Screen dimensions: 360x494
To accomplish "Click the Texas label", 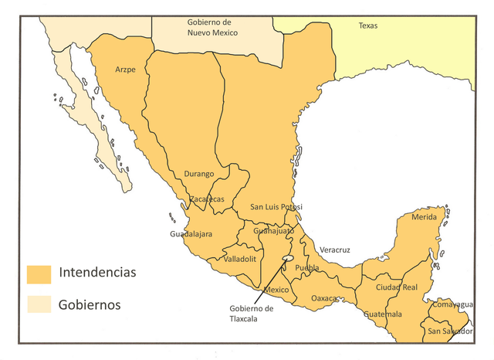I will pos(368,26).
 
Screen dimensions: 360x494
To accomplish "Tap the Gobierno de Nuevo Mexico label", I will pos(213,27).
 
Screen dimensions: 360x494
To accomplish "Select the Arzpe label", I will pos(125,70).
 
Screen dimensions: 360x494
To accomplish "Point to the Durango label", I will pos(199,174).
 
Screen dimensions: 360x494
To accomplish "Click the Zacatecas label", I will pos(207,199).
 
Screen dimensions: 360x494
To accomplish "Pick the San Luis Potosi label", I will pos(276,207).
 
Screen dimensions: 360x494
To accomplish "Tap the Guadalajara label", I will pos(191,233).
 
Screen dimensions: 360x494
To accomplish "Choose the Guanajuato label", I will pos(273,231).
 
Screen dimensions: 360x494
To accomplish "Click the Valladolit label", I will pos(239,259).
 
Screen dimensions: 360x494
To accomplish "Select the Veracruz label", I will pos(334,250).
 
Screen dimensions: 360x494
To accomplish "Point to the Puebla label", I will pos(307,267).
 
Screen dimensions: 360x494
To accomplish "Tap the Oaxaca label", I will pos(325,298).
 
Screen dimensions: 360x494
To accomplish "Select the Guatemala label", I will pos(383,314).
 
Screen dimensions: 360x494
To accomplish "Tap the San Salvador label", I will pos(451,331).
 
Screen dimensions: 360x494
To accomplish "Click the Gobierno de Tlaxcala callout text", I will pos(251,313).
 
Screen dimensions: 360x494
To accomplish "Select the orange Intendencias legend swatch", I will pos(38,273).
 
